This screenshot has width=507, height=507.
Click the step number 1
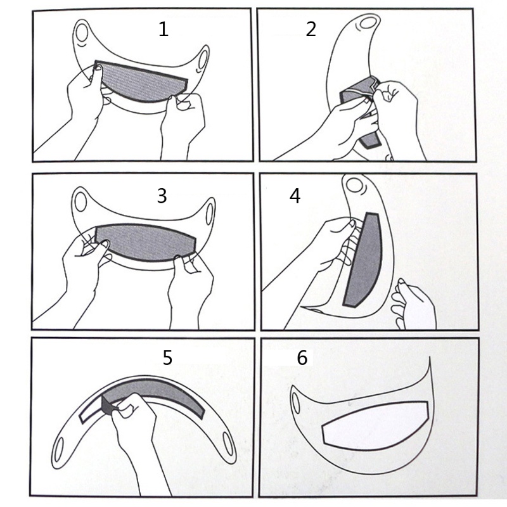click(164, 29)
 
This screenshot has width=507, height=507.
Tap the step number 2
click(311, 29)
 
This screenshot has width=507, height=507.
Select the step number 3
click(162, 196)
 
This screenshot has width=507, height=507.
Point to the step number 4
click(295, 196)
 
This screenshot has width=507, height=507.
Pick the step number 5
click(167, 357)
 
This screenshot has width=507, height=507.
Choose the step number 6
click(302, 357)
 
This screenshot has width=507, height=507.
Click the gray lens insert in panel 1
click(141, 82)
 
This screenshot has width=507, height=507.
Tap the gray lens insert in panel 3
click(146, 242)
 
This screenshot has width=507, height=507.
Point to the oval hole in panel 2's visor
click(368, 23)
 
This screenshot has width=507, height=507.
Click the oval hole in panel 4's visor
click(354, 185)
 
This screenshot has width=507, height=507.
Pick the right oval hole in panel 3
click(210, 214)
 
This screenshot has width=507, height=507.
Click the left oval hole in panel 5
click(58, 449)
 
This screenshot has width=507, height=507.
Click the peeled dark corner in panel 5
click(108, 406)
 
